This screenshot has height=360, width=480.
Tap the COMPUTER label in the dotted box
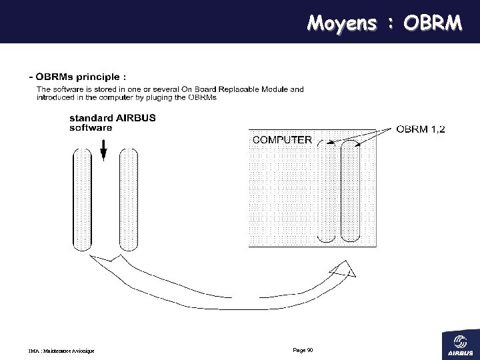[281, 139]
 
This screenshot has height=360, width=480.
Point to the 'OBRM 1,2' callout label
[421, 130]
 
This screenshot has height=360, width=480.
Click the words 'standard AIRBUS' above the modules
[113, 118]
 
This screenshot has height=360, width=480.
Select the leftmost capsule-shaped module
[81, 201]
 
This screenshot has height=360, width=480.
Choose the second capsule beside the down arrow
[129, 201]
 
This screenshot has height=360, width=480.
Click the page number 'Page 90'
[303, 349]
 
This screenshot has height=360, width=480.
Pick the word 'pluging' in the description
[169, 97]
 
